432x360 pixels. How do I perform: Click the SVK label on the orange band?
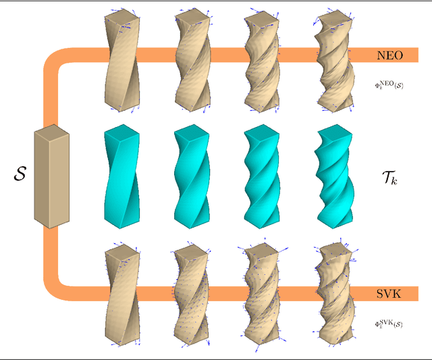coord(389,293)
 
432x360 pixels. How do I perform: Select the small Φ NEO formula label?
coord(389,86)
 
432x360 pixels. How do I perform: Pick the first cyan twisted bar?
coord(122,176)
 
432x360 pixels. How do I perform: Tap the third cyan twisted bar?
coord(262,176)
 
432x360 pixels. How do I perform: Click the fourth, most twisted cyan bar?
coord(333,176)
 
